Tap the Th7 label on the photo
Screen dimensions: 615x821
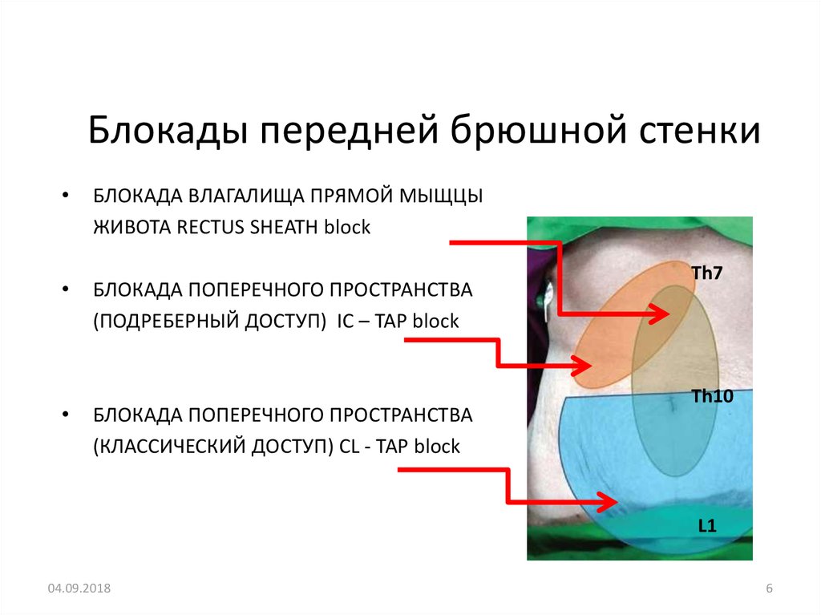coord(707,273)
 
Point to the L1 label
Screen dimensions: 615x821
coord(706,526)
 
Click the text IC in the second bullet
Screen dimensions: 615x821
coord(346,322)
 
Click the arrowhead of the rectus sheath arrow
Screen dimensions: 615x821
coord(662,315)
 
